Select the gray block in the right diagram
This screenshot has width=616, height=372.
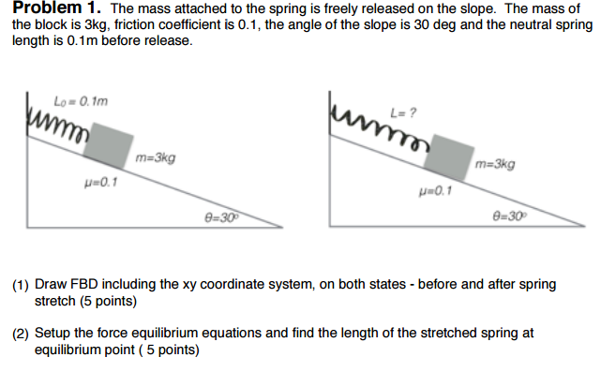click(450, 156)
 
